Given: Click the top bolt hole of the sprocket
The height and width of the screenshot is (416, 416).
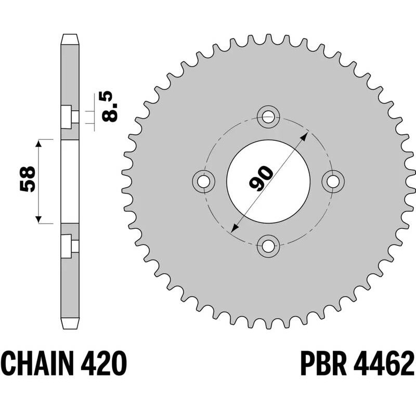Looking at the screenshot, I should [x=268, y=115].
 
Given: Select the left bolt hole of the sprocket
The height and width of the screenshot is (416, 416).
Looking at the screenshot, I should [x=203, y=180].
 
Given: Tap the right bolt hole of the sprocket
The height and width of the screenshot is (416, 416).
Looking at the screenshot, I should [x=333, y=180].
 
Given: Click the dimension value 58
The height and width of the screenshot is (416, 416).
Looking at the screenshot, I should [x=28, y=179].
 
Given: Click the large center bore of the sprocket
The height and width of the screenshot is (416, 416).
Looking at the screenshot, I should [x=268, y=180].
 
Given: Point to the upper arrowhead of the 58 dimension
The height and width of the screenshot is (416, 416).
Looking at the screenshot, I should [x=38, y=144].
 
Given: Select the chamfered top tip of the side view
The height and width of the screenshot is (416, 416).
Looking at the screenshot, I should [x=70, y=38].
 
